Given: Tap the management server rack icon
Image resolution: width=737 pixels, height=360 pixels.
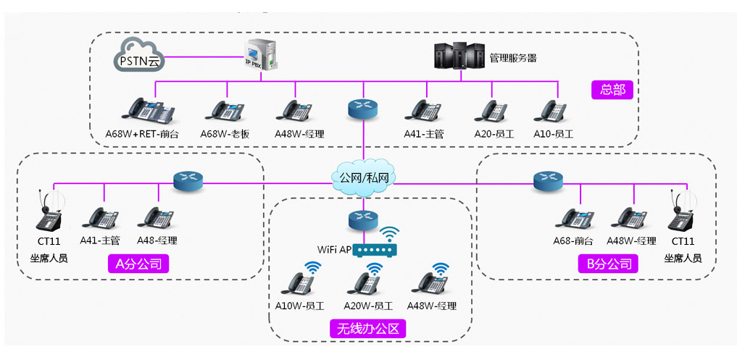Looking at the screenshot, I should pos(458,56).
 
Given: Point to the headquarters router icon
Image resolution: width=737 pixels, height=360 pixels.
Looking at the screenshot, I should pos(362,107).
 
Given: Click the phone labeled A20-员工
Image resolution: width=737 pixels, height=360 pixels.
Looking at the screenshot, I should pos(493,110).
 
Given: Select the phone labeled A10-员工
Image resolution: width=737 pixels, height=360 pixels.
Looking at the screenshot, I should pos(552,110).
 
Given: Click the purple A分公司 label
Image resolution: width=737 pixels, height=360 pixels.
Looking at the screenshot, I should pos(138,264).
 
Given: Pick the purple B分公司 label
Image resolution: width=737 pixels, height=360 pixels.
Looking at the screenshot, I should pos(609,264).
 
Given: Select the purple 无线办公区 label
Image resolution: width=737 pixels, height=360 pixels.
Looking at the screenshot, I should pos(367,328).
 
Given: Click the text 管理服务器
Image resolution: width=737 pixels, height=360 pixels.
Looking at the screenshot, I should pos(513,57).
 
